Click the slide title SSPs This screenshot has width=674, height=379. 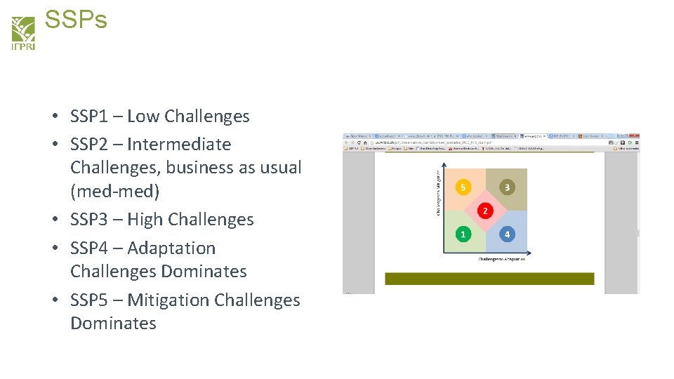76,20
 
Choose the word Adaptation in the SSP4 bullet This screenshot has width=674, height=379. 171,248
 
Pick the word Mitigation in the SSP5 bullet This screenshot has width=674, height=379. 168,300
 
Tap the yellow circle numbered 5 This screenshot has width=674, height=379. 463,187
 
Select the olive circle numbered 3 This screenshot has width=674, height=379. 507,187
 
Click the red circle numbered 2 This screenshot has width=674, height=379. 484,211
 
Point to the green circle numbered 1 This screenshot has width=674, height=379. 463,234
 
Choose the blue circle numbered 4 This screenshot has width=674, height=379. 507,234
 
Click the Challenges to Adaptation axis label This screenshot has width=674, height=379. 502,259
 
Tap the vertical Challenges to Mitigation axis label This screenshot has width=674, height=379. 439,192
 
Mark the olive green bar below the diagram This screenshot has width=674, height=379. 489,279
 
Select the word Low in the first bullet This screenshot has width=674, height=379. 143,117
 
